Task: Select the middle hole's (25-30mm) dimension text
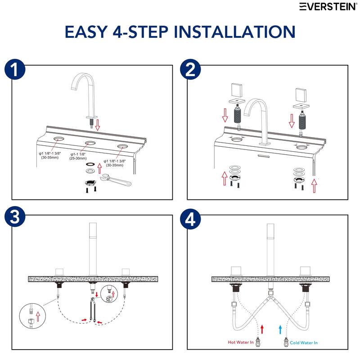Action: point(80,159)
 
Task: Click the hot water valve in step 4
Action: point(259,342)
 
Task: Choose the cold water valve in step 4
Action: point(287,342)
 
